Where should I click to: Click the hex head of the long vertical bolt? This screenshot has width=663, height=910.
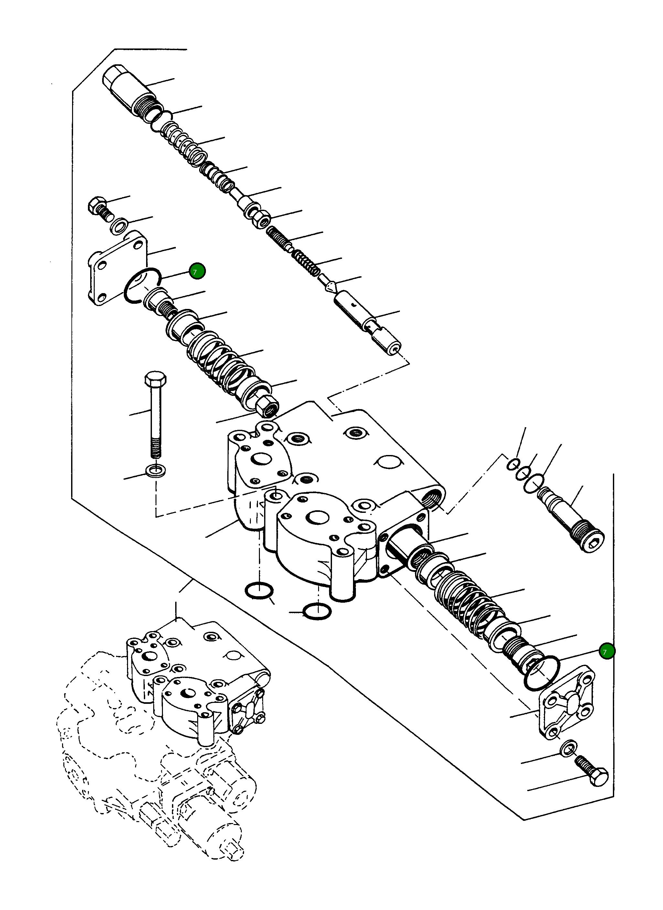[x=155, y=379]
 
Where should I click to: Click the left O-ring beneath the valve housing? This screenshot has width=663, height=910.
[x=259, y=590]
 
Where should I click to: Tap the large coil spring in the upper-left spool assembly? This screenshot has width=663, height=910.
[x=219, y=360]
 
